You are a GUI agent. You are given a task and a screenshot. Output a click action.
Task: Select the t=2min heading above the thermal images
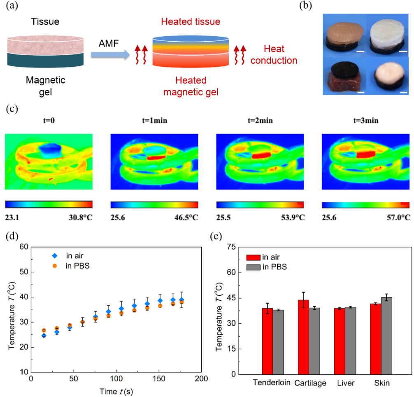click(x=260, y=121)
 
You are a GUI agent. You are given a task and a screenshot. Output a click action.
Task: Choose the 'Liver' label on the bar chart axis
click(x=345, y=383)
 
